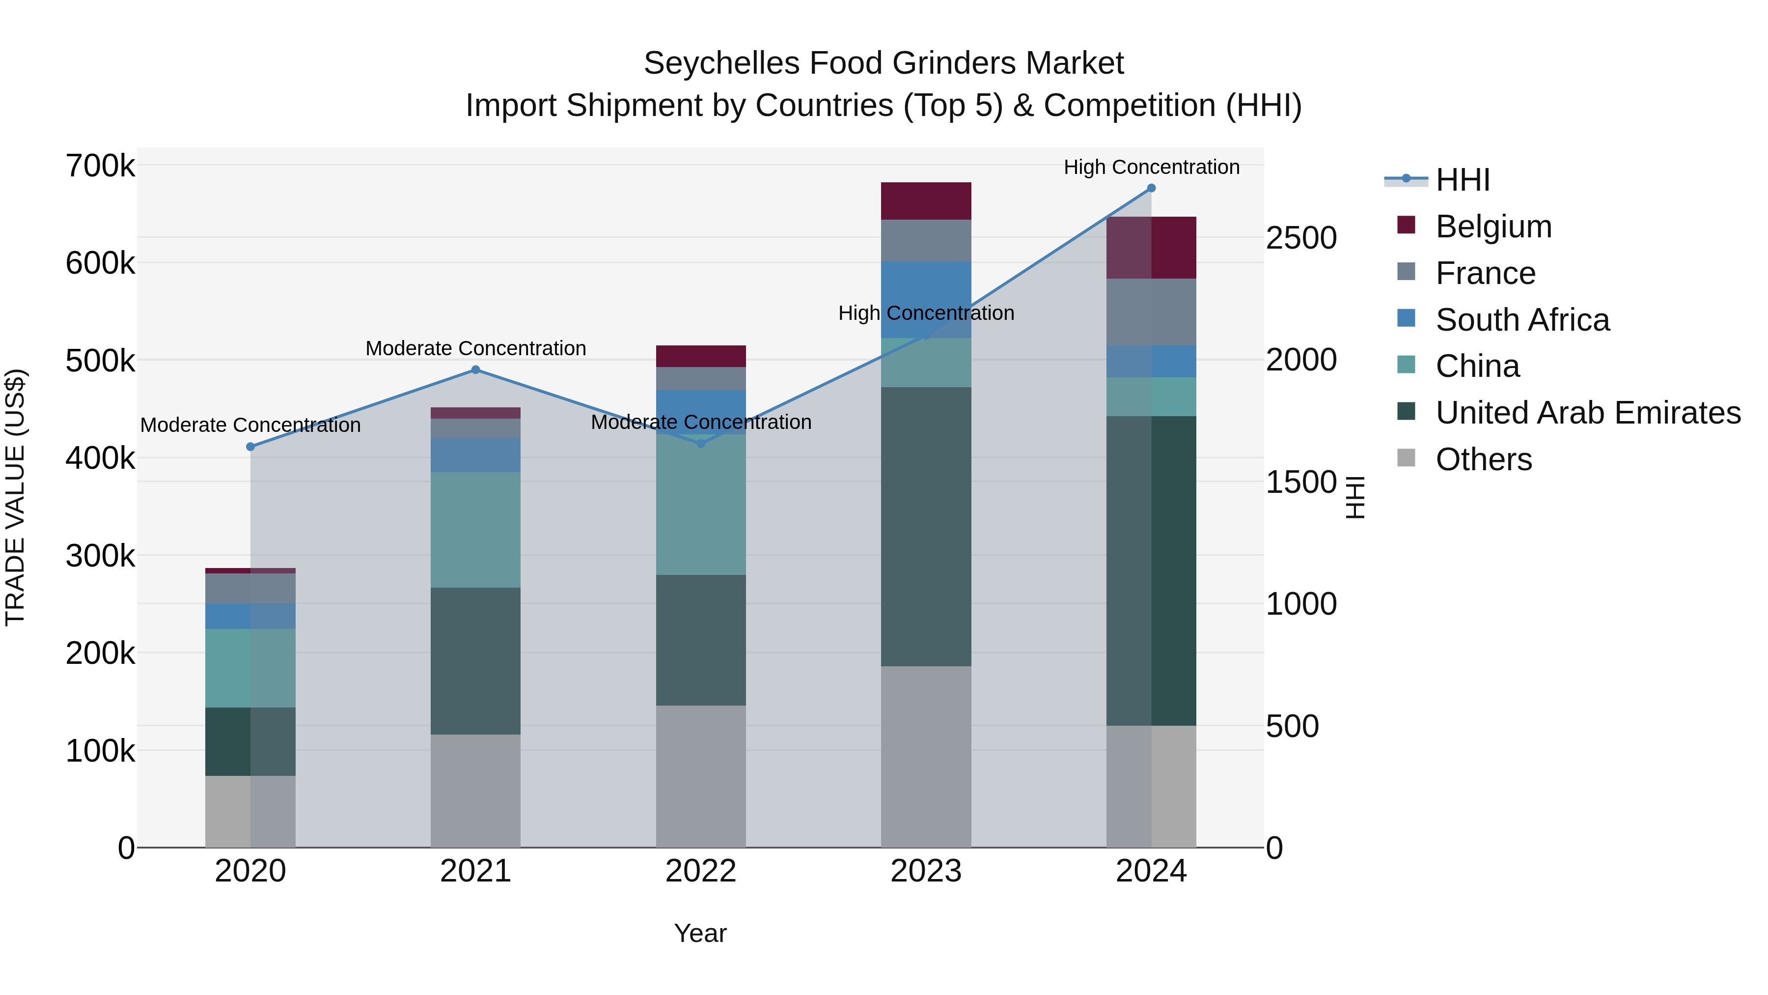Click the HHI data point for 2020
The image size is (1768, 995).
(250, 447)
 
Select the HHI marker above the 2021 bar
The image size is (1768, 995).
(475, 370)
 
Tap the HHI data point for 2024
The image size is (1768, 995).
(1151, 188)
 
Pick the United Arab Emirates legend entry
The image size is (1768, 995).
(1587, 413)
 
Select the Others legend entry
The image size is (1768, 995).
(1483, 459)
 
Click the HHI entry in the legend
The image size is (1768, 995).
(1462, 180)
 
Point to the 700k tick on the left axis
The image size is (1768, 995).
(100, 166)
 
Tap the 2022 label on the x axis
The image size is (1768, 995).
(701, 871)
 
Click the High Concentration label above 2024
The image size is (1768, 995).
(1151, 168)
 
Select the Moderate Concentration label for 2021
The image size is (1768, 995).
(475, 349)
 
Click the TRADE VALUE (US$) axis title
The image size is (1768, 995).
(15, 497)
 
